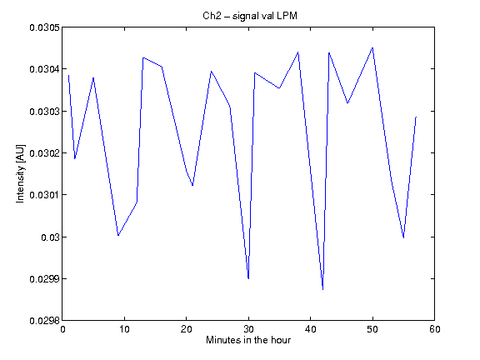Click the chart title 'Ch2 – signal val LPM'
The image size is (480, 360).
(x=250, y=16)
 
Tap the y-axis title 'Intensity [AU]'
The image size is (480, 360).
(x=20, y=173)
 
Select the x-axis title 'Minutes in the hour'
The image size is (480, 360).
(x=248, y=340)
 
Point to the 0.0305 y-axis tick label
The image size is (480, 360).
(x=44, y=27)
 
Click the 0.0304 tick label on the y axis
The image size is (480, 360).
(x=44, y=69)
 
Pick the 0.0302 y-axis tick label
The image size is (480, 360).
(x=44, y=153)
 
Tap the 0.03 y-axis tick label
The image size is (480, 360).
(x=50, y=237)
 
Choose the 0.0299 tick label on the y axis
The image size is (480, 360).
(x=44, y=279)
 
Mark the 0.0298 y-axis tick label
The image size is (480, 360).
(x=44, y=321)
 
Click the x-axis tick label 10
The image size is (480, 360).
(x=125, y=329)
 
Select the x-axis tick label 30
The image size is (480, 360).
(x=248, y=329)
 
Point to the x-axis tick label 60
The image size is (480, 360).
(x=435, y=329)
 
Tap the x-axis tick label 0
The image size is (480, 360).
(x=62, y=329)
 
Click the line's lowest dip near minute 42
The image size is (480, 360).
(x=323, y=289)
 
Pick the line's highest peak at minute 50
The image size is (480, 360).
(x=372, y=47)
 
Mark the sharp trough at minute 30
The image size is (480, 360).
(x=248, y=278)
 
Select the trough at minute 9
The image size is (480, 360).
(x=118, y=235)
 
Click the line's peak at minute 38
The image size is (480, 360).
(x=298, y=52)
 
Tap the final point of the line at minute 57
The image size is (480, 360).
(x=416, y=117)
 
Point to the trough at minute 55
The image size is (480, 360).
(x=403, y=237)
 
